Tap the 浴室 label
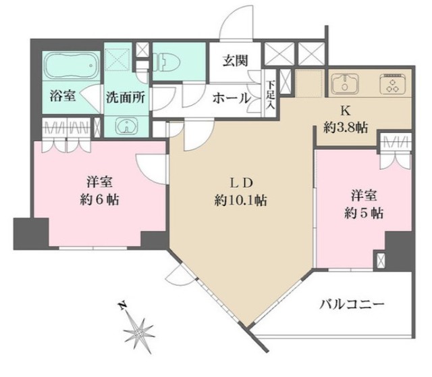pos(63,97)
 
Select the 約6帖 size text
pos(99,201)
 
